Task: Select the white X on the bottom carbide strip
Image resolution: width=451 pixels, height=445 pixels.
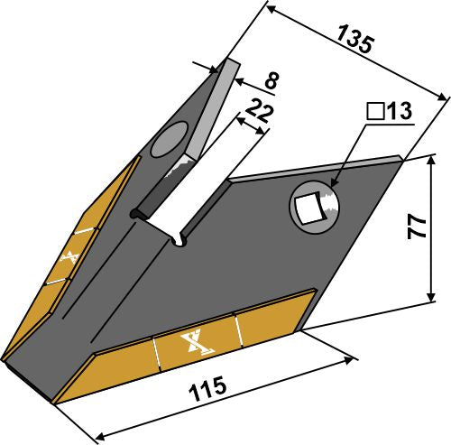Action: pos(192,343)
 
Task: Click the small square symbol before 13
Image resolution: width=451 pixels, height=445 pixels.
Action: pos(374,112)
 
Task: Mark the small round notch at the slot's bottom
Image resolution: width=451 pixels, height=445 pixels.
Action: pos(180,239)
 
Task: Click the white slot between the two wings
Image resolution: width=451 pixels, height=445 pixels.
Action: pos(194,194)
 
